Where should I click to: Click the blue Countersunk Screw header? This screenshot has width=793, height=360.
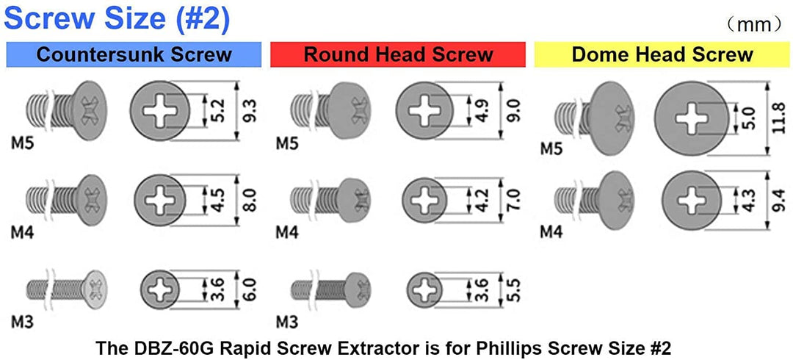[134, 54]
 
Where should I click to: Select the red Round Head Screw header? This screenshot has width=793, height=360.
[398, 54]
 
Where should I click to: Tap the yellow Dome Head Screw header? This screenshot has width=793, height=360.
[662, 54]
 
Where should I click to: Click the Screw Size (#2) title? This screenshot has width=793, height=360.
[117, 19]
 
